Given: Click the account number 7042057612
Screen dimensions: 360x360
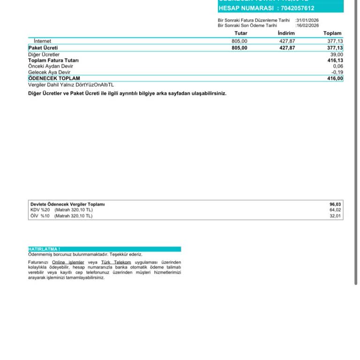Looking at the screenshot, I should (297, 8).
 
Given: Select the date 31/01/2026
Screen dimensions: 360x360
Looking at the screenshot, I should (307, 20).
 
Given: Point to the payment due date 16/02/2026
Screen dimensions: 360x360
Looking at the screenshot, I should (307, 25).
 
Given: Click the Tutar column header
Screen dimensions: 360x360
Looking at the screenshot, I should (241, 33).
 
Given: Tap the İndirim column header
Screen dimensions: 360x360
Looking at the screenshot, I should (286, 33).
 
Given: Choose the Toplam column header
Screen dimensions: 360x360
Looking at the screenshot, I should (332, 33).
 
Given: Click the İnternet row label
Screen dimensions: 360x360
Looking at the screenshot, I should (43, 41).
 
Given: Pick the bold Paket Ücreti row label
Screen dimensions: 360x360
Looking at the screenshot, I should (43, 48).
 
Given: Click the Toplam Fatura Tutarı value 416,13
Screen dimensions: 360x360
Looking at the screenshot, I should (335, 60).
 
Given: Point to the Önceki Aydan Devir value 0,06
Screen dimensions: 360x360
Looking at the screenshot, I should (337, 67).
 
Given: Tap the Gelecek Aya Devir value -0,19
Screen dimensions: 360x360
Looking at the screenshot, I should (337, 73).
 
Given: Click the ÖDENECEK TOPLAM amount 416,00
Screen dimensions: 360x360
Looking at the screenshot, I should (335, 79).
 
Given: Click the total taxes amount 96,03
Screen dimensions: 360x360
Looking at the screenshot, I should (335, 204).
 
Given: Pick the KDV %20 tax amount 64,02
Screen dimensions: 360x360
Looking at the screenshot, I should (335, 210).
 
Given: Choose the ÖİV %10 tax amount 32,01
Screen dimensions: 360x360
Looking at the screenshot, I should (335, 216).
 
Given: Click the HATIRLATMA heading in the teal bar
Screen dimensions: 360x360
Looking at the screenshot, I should (45, 249).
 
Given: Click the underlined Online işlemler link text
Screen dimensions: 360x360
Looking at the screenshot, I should (67, 262).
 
